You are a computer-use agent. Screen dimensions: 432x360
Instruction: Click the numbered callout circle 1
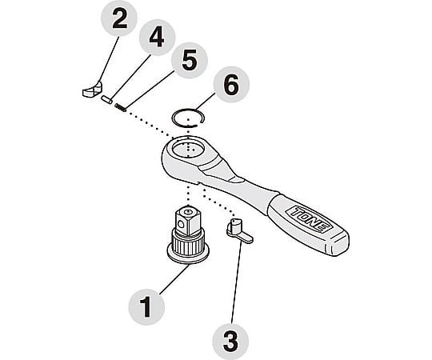click(x=146, y=307)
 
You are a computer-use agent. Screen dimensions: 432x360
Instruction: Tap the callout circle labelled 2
click(x=119, y=18)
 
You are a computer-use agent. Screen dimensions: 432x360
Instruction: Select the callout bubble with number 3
click(x=231, y=342)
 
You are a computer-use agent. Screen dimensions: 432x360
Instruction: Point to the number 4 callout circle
click(x=157, y=37)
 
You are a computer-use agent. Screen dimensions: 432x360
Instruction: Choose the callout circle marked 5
click(x=190, y=61)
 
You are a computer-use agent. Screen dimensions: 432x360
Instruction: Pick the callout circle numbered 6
click(x=231, y=84)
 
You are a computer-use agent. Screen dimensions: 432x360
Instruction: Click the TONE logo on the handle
click(x=310, y=219)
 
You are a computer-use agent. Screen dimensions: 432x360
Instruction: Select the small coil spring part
click(x=120, y=107)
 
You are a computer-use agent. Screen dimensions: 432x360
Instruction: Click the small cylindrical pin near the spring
click(x=106, y=99)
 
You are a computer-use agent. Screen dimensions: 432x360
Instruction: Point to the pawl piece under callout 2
click(x=92, y=90)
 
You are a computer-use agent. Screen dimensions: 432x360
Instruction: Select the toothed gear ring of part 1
click(x=188, y=245)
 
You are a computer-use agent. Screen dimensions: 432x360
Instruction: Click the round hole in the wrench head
click(x=188, y=148)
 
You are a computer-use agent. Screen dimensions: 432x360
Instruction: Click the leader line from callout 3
click(x=237, y=283)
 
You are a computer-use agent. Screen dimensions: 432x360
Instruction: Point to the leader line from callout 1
click(x=174, y=279)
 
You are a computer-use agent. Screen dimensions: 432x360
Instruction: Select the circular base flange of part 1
click(x=188, y=254)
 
